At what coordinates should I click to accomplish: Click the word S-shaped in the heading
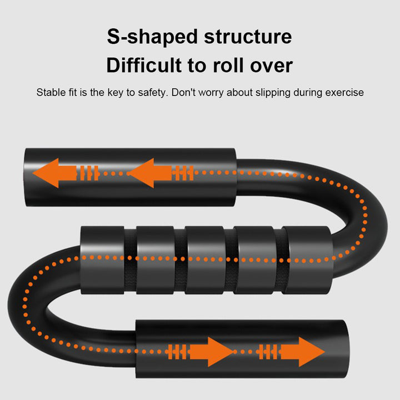coord(148,37)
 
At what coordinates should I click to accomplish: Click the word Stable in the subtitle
coord(51,92)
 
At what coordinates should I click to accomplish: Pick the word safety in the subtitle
coord(152,92)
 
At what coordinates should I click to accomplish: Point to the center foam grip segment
coord(205,259)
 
